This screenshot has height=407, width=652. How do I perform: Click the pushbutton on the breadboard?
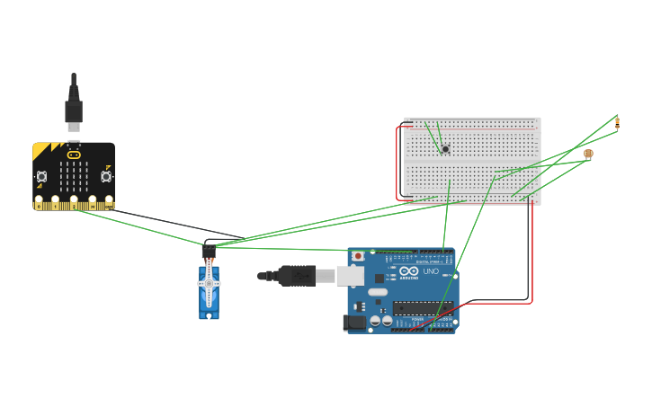click(x=445, y=148)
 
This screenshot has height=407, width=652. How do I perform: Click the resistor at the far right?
click(x=617, y=122)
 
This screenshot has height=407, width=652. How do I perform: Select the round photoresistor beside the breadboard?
click(x=588, y=154)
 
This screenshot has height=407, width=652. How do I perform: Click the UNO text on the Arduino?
click(x=430, y=271)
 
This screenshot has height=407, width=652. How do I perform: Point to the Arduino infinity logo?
click(x=409, y=271)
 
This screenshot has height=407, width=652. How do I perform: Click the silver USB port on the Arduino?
click(x=351, y=275)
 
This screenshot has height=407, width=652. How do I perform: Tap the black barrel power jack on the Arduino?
click(x=355, y=322)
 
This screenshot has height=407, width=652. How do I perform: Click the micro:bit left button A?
click(x=41, y=176)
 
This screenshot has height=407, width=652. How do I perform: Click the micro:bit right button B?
click(x=106, y=176)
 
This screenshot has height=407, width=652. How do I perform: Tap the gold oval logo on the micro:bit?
click(x=74, y=155)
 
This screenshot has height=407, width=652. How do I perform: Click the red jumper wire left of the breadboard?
click(x=397, y=162)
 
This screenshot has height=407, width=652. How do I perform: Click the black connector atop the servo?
click(x=209, y=252)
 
